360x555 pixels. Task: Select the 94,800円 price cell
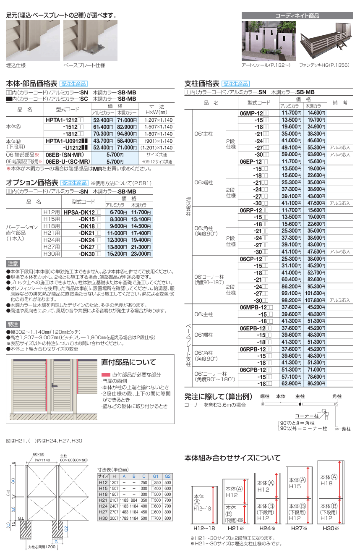click(127, 134)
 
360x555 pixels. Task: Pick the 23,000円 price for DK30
click(141, 254)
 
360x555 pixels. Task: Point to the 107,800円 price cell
click(316, 301)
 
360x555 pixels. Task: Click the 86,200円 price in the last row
click(316, 383)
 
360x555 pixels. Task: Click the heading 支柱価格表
click(202, 83)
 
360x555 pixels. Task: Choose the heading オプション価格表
click(32, 183)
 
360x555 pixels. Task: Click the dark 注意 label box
click(13, 264)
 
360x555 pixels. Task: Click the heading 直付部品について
click(128, 362)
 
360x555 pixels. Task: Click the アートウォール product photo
click(268, 41)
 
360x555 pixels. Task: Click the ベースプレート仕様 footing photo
click(83, 41)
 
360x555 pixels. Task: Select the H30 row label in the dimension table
click(103, 518)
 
